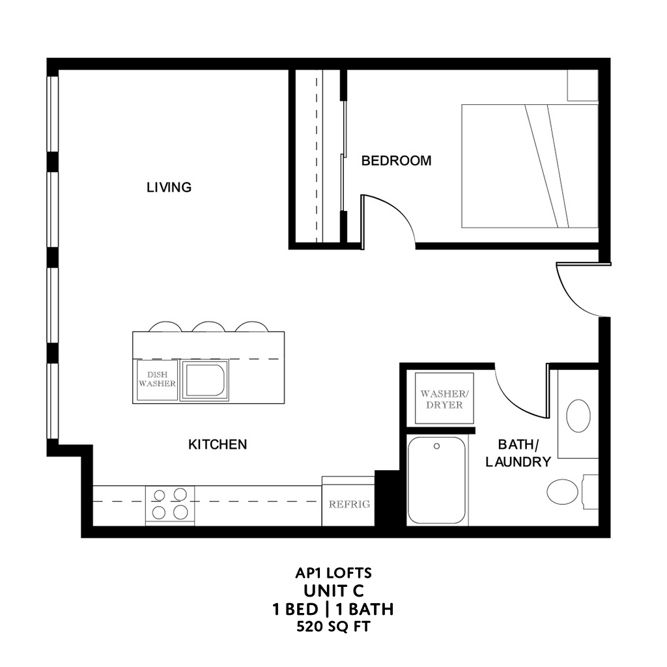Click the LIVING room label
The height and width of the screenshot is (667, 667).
169,188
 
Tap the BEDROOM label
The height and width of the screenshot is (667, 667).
396,161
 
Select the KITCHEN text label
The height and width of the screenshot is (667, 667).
218,445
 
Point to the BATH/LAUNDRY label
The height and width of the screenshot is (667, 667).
524,453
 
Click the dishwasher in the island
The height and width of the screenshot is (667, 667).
157,380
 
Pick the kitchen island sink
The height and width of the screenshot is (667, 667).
205,380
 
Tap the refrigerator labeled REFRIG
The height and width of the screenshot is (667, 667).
348,502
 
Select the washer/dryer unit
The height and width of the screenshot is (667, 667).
443,399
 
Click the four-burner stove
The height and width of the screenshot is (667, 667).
169,504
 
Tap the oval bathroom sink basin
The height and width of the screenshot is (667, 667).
578,416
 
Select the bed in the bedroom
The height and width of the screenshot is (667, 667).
529,165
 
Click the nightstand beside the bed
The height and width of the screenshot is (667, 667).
582,85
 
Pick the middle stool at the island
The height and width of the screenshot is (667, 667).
208,326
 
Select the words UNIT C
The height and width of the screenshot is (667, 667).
333,591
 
